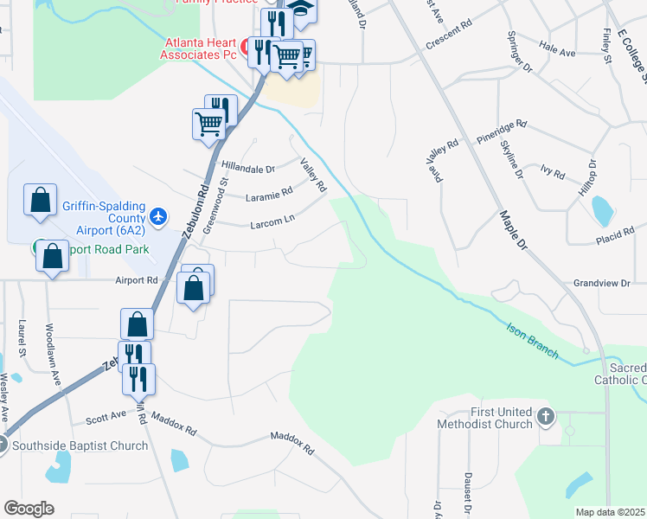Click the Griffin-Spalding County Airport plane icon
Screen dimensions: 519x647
[158, 216]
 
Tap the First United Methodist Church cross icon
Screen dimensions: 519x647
[545, 418]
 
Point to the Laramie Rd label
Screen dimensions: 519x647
[269, 195]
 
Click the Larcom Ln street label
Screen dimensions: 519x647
[272, 222]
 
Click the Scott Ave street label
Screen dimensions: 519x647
[106, 419]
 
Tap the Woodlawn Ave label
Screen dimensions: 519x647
[54, 355]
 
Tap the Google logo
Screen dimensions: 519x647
[29, 509]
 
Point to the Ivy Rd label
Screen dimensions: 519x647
[552, 172]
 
